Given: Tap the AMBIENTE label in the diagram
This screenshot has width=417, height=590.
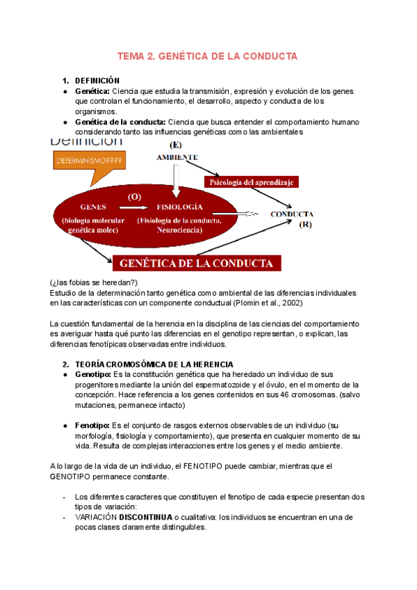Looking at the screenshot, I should point(177,157).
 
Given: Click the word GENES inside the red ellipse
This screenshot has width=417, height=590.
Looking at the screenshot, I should point(93,207).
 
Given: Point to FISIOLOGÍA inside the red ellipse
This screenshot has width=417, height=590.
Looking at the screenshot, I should point(180,207).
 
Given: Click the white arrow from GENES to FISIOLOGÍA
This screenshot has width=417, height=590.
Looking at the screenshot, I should point(134,207).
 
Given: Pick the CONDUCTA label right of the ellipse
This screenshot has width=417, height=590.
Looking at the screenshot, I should point(292,214).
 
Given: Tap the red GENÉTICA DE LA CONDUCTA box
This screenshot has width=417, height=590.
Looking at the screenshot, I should point(201,264).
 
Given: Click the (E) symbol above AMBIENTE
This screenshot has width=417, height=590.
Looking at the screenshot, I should point(177,145).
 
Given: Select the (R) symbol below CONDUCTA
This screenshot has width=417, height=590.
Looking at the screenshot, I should point(306,225).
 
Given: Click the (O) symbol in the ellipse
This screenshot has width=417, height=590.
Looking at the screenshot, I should point(134,196).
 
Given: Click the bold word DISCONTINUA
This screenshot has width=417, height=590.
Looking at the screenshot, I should point(149,518).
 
